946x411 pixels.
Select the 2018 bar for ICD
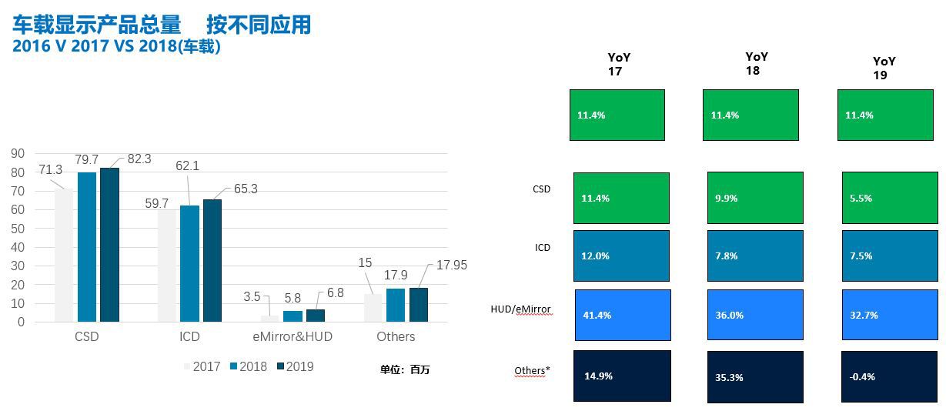pos(190,263)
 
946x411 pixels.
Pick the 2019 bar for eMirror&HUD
pos(316,316)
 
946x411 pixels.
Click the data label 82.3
pos(139,159)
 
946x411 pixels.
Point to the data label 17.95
pos(452,265)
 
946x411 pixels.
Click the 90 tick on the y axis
pos(18,154)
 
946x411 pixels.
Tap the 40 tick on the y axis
pos(18,247)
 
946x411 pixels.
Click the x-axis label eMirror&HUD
pos(292,336)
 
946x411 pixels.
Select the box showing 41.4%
pos(623,315)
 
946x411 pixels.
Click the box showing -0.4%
pos(888,376)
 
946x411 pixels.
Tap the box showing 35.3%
pos(755,376)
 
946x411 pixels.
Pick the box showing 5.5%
pos(888,198)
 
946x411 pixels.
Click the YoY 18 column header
pos(756,63)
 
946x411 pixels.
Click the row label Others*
pos(532,371)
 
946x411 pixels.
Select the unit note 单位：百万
pos(405,369)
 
